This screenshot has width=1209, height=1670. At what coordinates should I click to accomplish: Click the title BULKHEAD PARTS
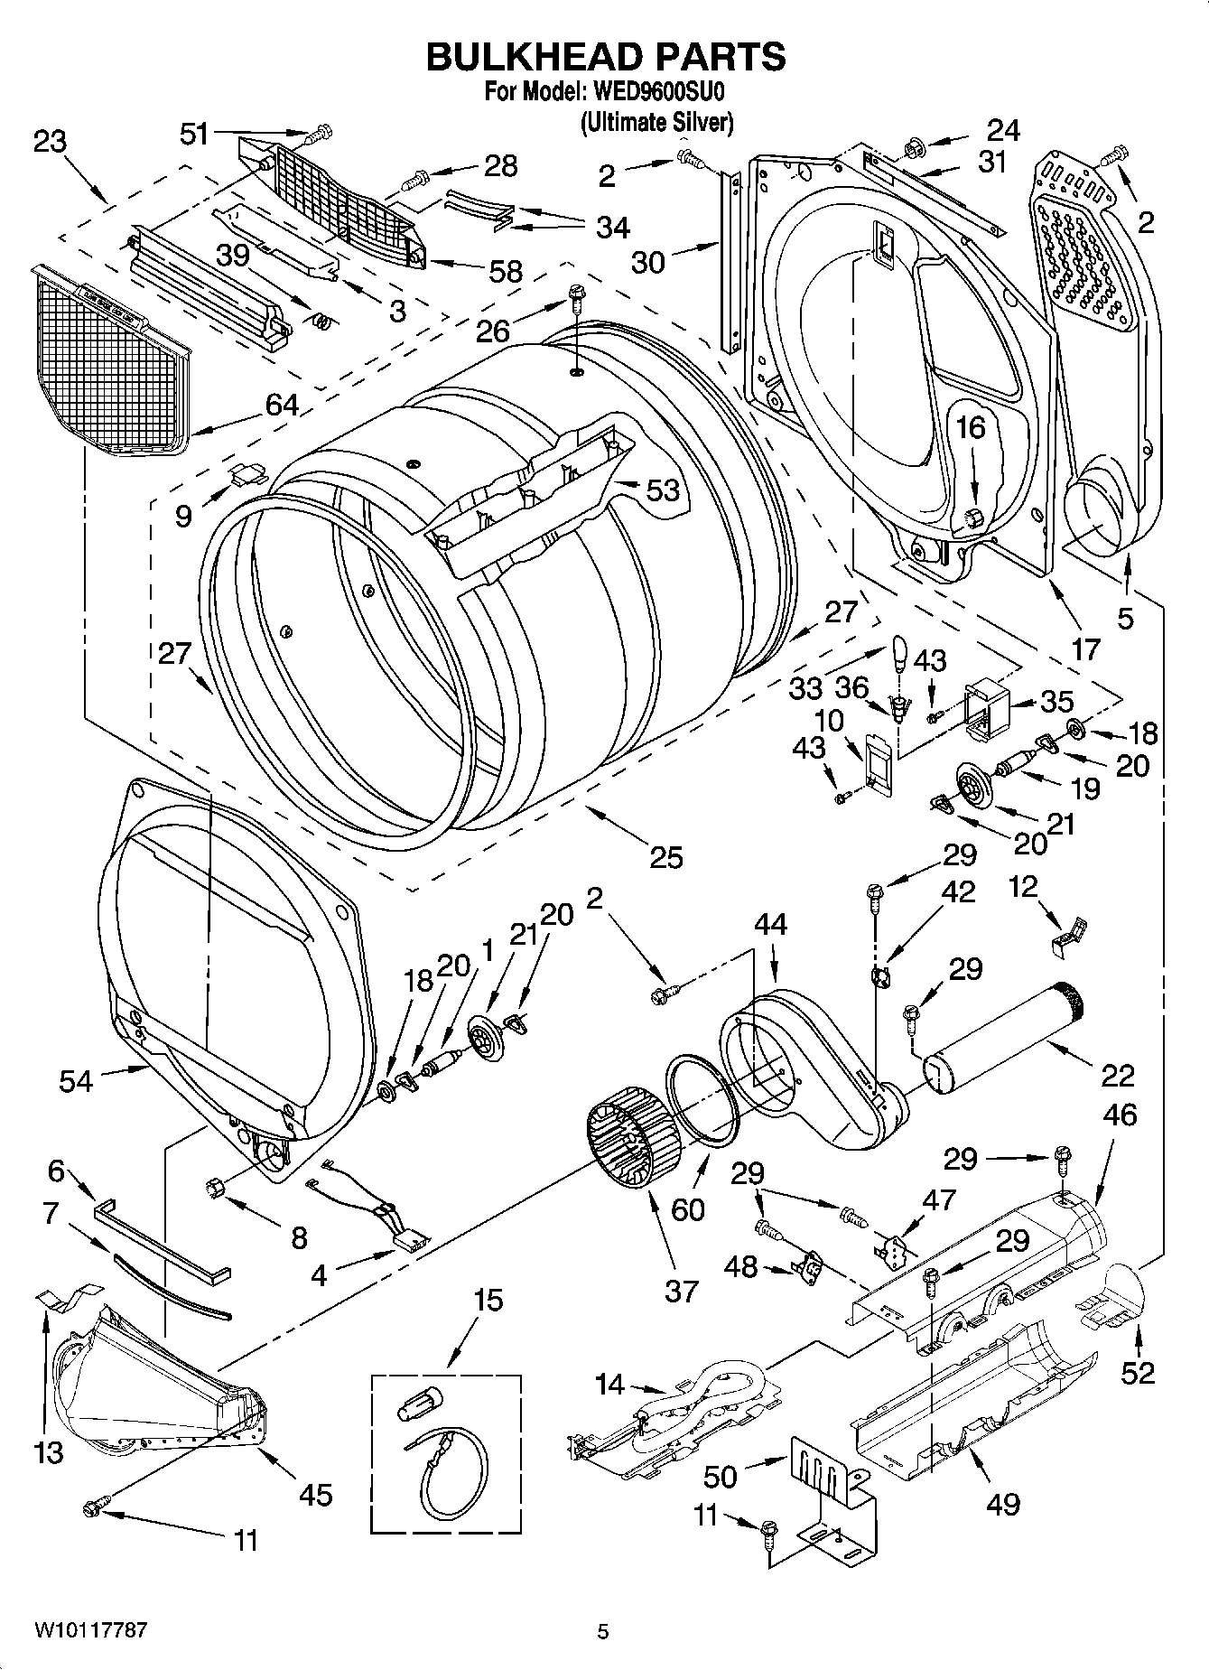point(605,56)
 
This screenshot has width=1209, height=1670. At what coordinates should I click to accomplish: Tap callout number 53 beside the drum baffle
point(663,490)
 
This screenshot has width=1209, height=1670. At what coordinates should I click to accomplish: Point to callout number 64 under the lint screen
point(281,404)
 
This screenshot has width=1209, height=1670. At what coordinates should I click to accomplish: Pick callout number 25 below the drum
point(666,856)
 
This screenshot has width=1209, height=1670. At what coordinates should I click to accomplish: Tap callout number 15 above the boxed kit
point(488,1301)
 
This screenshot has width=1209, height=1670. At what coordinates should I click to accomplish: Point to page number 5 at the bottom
point(603,1631)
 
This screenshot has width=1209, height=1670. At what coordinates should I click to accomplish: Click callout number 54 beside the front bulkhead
point(76,1080)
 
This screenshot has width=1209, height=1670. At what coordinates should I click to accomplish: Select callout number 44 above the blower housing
point(770,924)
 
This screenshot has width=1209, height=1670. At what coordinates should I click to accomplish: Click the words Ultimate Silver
point(656,121)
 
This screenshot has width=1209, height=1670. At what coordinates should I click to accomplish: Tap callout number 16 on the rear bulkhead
point(972,427)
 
